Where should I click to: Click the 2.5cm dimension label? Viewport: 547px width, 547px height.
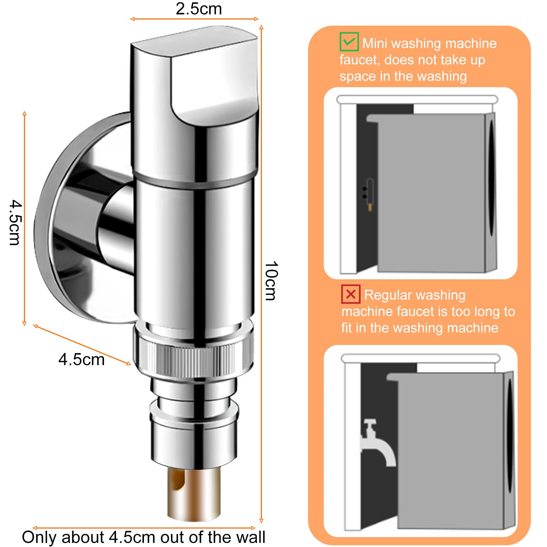(199, 9)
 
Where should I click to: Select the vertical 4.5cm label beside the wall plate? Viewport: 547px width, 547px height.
(15, 223)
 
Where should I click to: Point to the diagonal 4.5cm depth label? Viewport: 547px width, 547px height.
(81, 360)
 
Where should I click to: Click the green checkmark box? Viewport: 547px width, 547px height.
(349, 42)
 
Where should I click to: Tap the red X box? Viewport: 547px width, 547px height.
(351, 294)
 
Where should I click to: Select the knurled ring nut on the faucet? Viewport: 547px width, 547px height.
(194, 360)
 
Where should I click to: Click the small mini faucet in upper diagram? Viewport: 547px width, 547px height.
(368, 194)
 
